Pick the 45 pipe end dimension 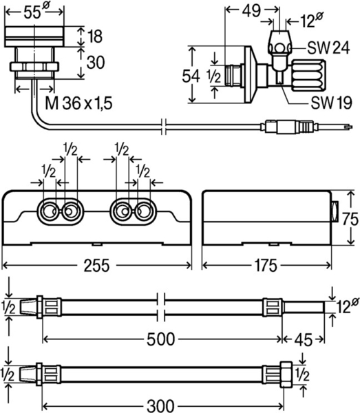[x=305, y=339]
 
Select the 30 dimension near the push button [x=96, y=63]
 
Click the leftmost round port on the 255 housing [x=50, y=210]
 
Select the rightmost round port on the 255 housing [x=143, y=210]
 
